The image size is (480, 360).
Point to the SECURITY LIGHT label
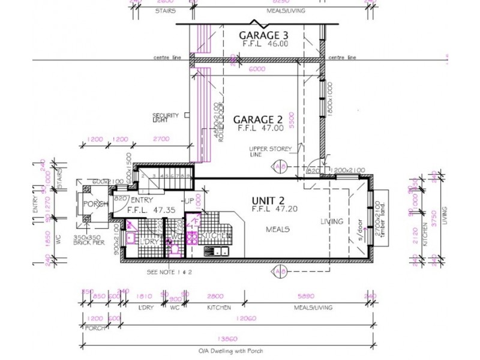pos(165,118)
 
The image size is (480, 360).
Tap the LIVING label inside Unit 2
pos(332,221)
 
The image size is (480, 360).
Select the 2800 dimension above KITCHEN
pos(214,296)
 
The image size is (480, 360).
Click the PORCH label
pos(96,203)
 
